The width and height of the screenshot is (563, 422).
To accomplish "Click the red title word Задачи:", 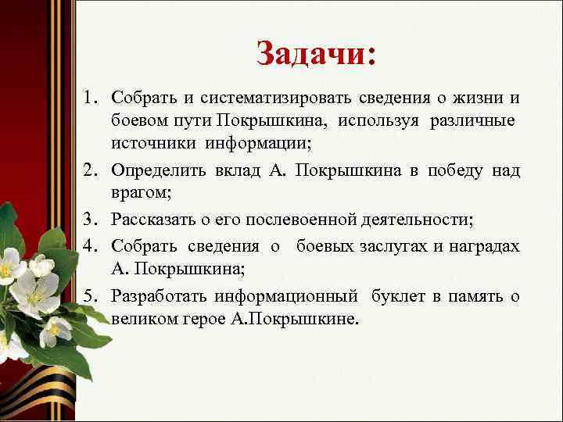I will pos(316,54).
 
